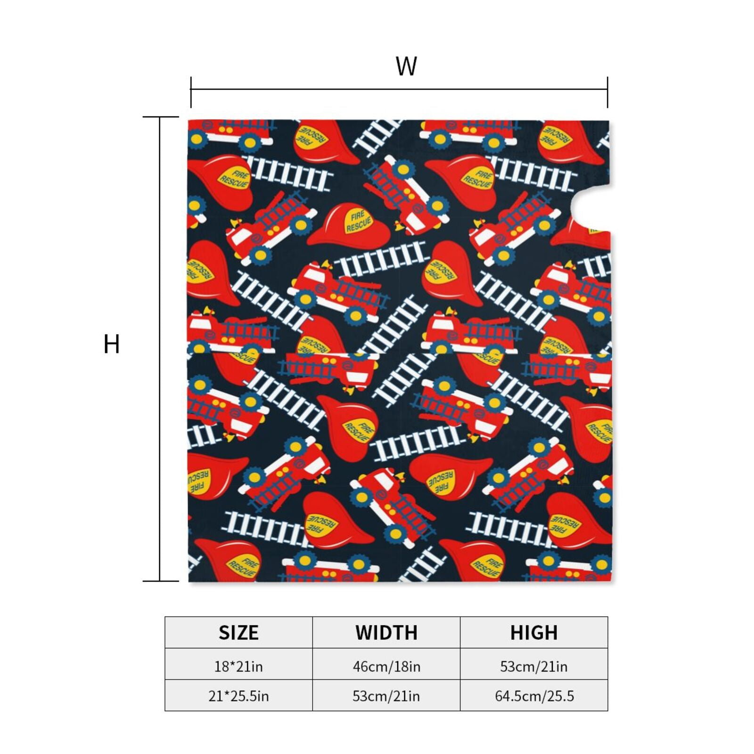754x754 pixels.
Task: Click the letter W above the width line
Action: pyautogui.click(x=406, y=66)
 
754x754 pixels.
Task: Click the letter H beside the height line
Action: pyautogui.click(x=112, y=344)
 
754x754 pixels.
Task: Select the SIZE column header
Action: pyautogui.click(x=238, y=632)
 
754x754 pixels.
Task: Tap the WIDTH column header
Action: pyautogui.click(x=386, y=632)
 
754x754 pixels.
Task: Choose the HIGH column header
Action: pyautogui.click(x=534, y=632)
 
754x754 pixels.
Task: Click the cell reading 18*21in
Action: pyautogui.click(x=238, y=666)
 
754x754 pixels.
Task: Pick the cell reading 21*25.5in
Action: pyautogui.click(x=238, y=696)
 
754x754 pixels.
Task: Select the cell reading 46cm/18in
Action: pyautogui.click(x=386, y=666)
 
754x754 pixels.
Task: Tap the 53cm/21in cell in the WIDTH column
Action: pyautogui.click(x=386, y=696)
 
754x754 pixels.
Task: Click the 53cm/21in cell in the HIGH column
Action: pyautogui.click(x=534, y=666)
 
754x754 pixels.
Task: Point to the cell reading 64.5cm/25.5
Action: pyautogui.click(x=534, y=696)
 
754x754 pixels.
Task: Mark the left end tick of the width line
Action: pyautogui.click(x=191, y=92)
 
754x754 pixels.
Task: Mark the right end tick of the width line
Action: pyautogui.click(x=607, y=92)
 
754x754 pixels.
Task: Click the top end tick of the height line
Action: pyautogui.click(x=161, y=117)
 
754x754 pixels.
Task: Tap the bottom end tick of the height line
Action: pyautogui.click(x=161, y=581)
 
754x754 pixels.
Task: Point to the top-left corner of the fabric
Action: pyautogui.click(x=188, y=121)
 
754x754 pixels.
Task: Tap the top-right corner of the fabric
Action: pyautogui.click(x=609, y=121)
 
